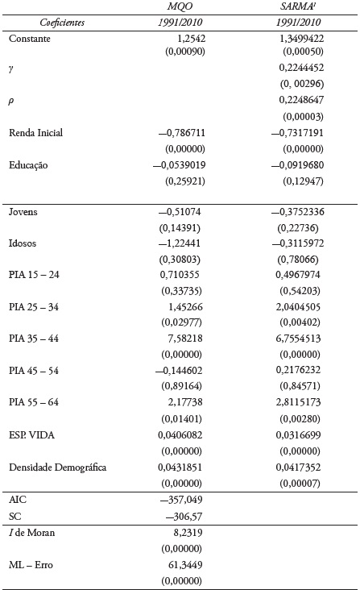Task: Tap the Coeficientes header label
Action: (52, 23)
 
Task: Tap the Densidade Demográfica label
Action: (57, 468)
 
